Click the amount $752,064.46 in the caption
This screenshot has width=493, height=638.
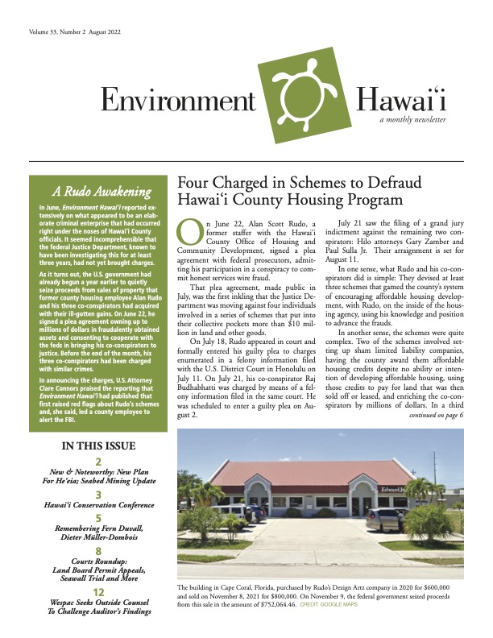click(x=269, y=625)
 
